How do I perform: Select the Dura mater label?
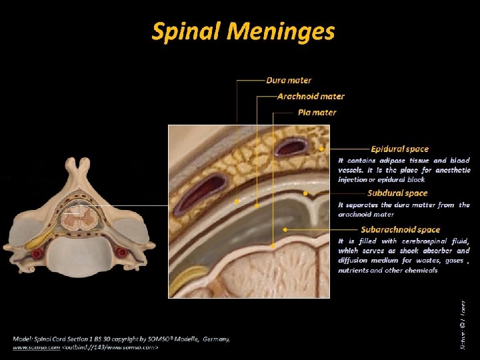click(289, 81)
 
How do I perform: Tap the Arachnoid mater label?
click(311, 97)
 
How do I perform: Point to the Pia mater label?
click(317, 113)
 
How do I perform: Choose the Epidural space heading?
click(399, 149)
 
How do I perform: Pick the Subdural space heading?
click(398, 193)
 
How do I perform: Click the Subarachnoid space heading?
click(400, 229)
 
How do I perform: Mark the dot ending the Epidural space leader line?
click(322, 149)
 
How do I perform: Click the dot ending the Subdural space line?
click(305, 193)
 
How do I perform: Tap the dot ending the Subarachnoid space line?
click(285, 229)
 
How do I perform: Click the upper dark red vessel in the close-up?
click(291, 146)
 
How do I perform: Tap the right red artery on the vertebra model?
click(121, 253)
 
